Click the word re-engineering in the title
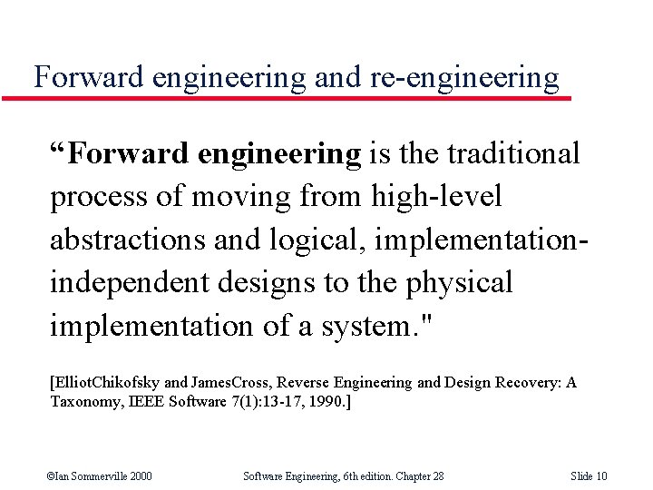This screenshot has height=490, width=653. point(465,78)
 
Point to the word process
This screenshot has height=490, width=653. point(101,197)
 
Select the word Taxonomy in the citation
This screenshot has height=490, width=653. point(85,400)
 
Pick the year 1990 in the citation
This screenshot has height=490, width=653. point(325,400)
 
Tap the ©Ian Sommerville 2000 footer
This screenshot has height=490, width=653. point(100,475)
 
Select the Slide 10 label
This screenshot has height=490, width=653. point(590,475)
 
